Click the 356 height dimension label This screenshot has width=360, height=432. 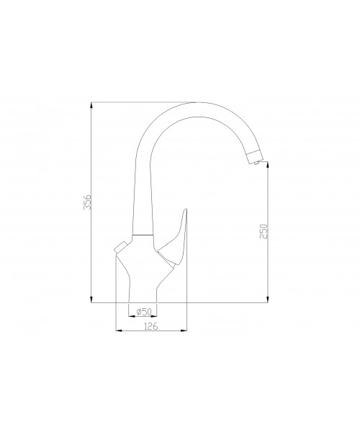pyautogui.click(x=87, y=202)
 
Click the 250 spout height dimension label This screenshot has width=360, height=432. pyautogui.click(x=264, y=231)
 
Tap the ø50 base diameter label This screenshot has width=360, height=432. pyautogui.click(x=144, y=312)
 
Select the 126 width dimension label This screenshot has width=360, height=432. pyautogui.click(x=151, y=326)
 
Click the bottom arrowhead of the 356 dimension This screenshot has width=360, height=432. pyautogui.click(x=91, y=300)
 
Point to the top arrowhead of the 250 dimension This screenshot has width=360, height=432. pyautogui.click(x=267, y=165)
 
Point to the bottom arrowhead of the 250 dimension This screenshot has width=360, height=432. pyautogui.click(x=267, y=300)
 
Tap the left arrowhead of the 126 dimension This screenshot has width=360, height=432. pyautogui.click(x=119, y=330)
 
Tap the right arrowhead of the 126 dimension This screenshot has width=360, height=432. pyautogui.click(x=184, y=330)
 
